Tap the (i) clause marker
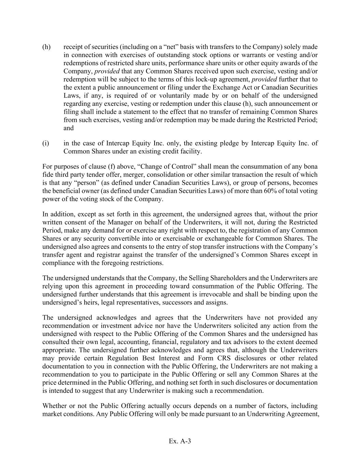click(46, 143)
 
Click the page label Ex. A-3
click(180, 441)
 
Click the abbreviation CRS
click(223, 358)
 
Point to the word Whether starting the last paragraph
click(54, 406)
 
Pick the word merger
click(124, 175)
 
